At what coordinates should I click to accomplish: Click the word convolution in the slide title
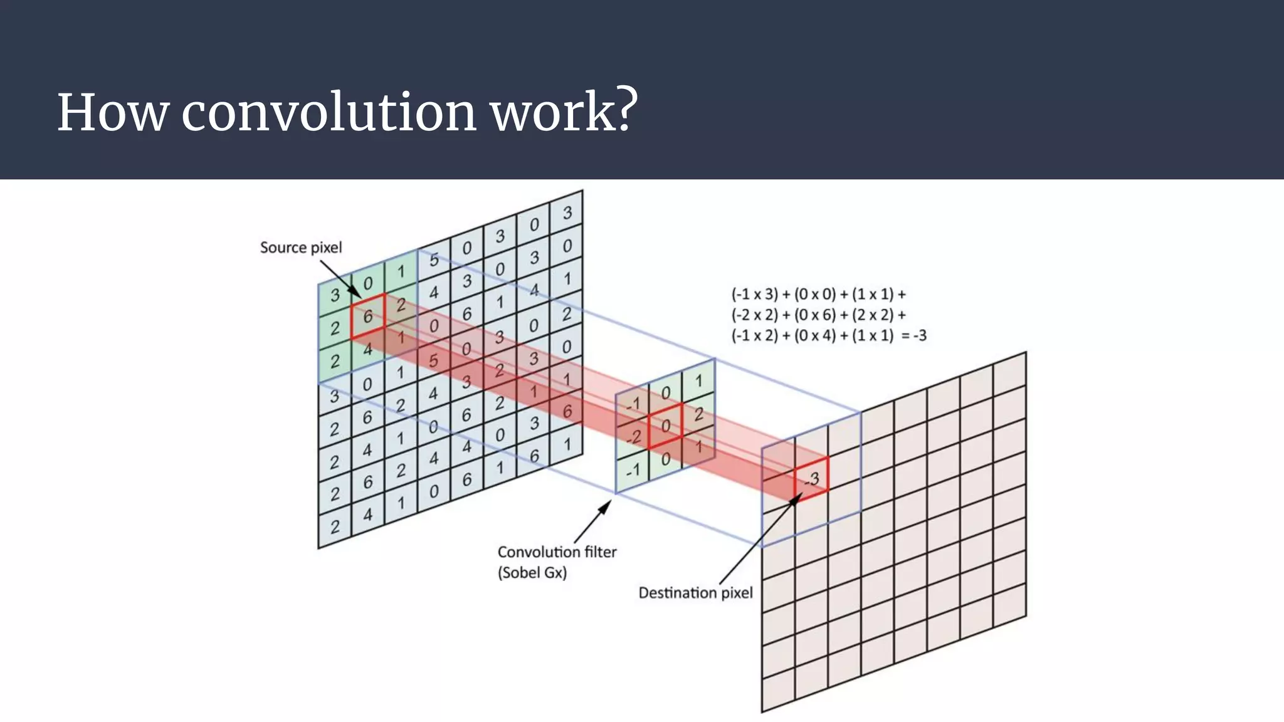(329, 113)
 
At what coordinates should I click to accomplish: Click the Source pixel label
(301, 248)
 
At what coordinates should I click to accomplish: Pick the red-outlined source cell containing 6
(368, 317)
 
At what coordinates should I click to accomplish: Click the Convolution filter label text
(557, 552)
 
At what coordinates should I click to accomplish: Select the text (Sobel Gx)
(532, 573)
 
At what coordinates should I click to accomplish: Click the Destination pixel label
(695, 593)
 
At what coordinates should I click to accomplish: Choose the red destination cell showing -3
(812, 479)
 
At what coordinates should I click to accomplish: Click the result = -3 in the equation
(913, 336)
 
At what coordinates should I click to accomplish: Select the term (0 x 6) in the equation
(815, 315)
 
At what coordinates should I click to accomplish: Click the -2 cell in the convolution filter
(633, 437)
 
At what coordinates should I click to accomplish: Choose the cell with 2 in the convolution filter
(698, 414)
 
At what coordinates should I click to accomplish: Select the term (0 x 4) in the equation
(815, 336)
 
